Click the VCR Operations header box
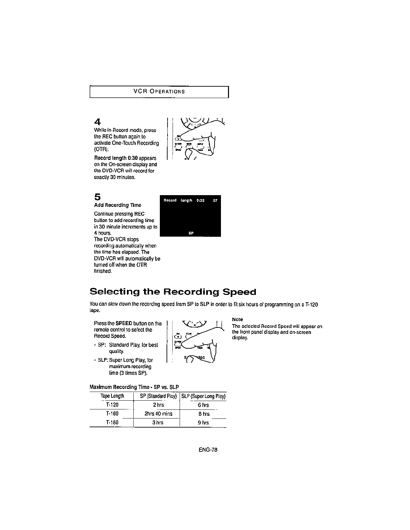tap(159, 92)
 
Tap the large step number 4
tap(97, 121)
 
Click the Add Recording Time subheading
tap(118, 205)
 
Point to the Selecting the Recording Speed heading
tap(173, 292)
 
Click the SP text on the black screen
tap(190, 233)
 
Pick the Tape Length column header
tap(112, 396)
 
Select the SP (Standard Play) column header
tap(158, 396)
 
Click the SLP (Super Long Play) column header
tap(203, 396)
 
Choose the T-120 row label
tap(112, 405)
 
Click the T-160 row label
tap(112, 414)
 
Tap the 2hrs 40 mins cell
tap(158, 414)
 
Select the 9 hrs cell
tap(203, 423)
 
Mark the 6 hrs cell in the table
tap(203, 405)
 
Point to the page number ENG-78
tap(208, 450)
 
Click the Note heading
tap(237, 319)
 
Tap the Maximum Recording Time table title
tap(134, 387)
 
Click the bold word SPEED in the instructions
tap(124, 323)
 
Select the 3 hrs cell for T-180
tap(158, 423)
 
